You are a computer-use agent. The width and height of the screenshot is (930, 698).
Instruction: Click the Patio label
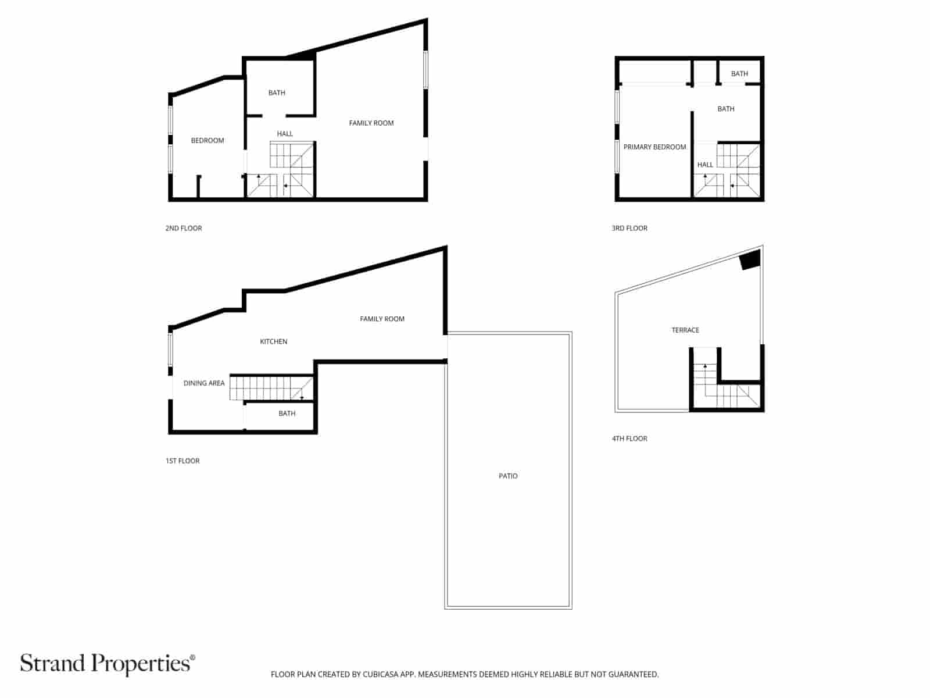click(508, 476)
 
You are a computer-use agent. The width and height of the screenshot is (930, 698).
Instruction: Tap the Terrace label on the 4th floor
click(685, 330)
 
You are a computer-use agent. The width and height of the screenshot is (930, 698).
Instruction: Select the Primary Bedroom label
click(654, 147)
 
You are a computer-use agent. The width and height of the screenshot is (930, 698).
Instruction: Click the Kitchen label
click(273, 341)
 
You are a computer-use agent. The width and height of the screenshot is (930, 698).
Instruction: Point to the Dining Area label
click(204, 383)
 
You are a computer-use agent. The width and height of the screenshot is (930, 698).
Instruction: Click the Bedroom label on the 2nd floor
click(208, 141)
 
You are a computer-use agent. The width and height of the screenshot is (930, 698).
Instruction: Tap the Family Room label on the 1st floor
click(382, 319)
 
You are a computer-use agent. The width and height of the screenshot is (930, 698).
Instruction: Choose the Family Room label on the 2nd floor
click(371, 123)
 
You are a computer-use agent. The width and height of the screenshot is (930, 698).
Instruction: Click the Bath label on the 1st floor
click(287, 414)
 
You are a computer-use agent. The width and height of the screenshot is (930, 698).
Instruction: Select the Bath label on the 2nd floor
click(277, 93)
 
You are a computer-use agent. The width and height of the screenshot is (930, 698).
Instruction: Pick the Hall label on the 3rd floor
click(705, 165)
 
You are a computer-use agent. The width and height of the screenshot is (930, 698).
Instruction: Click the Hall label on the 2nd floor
click(285, 134)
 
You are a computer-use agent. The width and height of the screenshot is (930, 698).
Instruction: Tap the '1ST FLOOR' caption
click(183, 461)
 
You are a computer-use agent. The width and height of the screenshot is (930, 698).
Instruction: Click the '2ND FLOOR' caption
click(184, 228)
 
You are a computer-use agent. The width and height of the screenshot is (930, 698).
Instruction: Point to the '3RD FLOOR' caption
click(629, 228)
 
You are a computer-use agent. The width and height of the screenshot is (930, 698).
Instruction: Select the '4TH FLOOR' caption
click(629, 439)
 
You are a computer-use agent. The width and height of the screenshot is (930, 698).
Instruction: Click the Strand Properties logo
click(108, 664)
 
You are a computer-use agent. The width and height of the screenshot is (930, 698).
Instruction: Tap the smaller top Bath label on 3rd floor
click(739, 74)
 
